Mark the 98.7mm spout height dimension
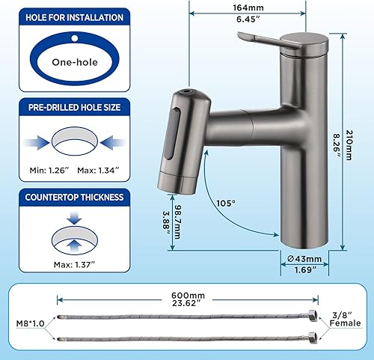[x=177, y=212]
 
